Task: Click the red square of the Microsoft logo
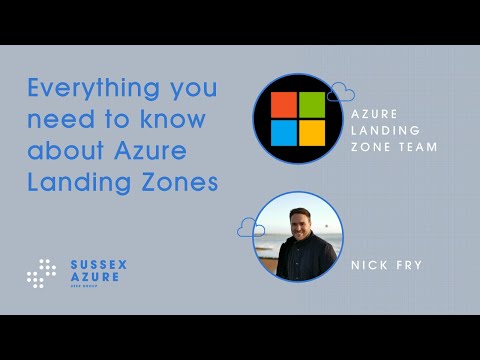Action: [x=285, y=105]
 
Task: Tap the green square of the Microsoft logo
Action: [x=312, y=105]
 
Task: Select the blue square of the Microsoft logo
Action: [x=285, y=132]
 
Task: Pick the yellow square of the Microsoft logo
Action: [x=312, y=132]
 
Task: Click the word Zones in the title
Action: [x=182, y=184]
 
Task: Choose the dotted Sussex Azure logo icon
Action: [x=42, y=273]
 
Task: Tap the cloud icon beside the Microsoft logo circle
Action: [x=341, y=93]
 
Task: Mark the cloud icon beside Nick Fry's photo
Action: [x=250, y=228]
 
